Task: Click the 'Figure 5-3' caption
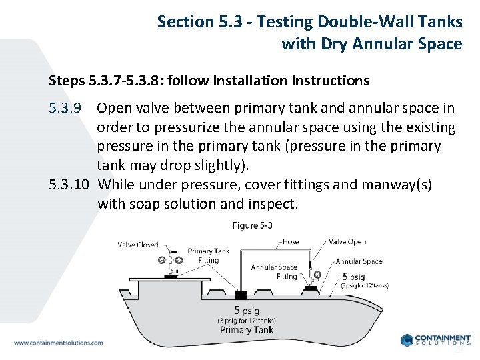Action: point(252,225)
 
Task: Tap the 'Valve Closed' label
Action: point(138,245)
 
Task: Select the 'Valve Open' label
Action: point(347,242)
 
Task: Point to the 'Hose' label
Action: point(291,242)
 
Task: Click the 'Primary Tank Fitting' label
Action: point(208,256)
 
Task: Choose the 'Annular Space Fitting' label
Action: point(273,272)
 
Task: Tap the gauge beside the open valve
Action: point(317,273)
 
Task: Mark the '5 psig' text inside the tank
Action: point(246,309)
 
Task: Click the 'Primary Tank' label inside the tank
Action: point(246,330)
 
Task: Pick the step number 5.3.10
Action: point(69,185)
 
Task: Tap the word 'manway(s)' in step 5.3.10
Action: point(398,185)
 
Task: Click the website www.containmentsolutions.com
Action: point(59,343)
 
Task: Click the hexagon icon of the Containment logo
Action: point(407,340)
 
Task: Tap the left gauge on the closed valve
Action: point(161,260)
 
